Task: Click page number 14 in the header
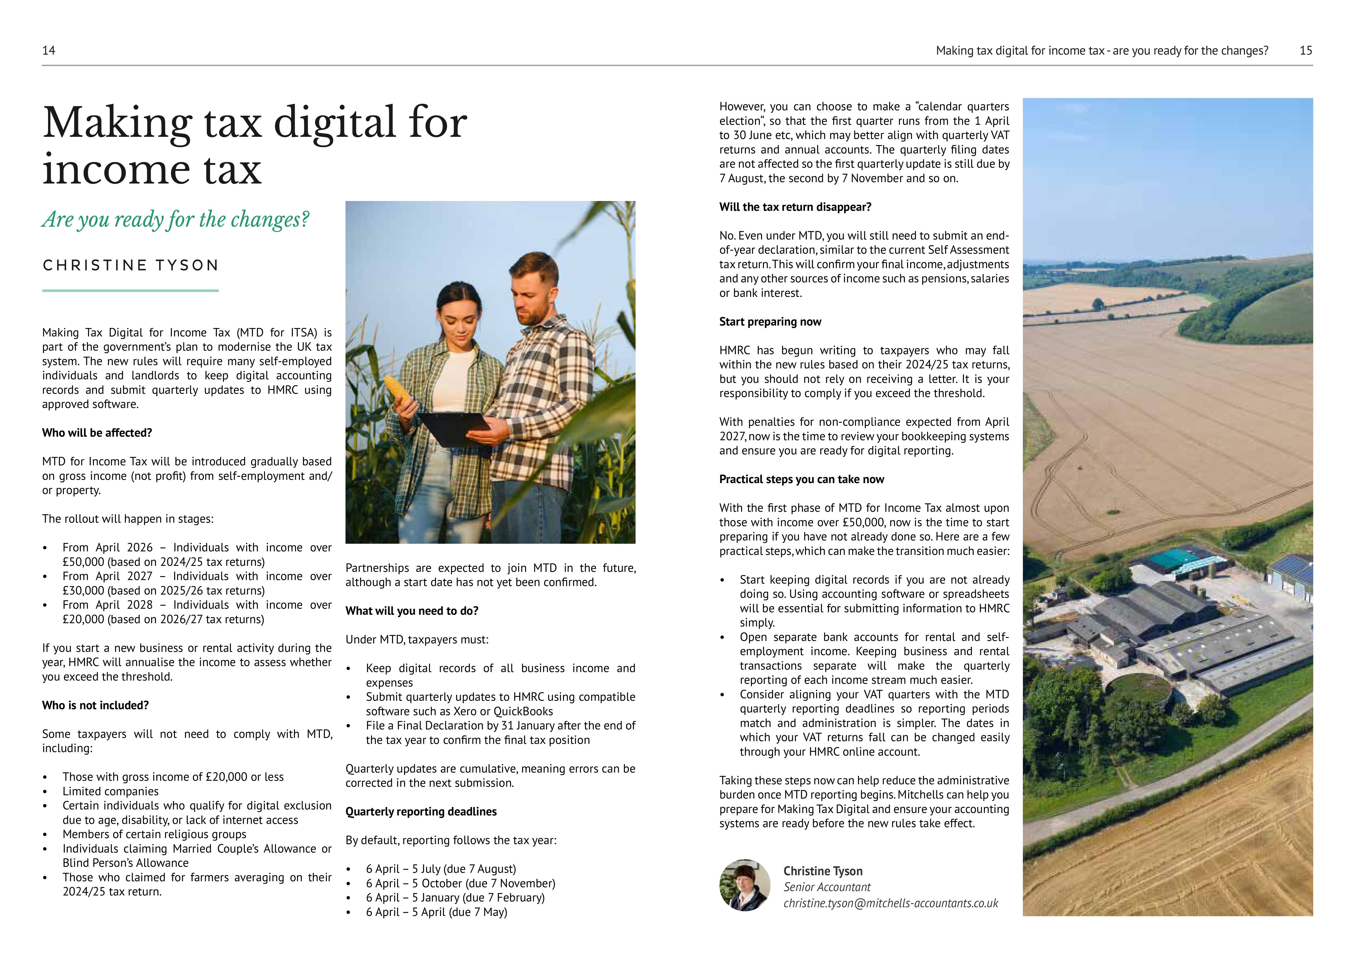point(49,51)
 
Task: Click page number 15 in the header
point(1306,51)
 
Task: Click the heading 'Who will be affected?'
point(97,433)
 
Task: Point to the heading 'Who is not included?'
point(95,705)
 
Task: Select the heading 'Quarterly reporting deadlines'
point(421,812)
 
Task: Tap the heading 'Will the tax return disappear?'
point(795,207)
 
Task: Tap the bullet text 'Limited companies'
point(110,792)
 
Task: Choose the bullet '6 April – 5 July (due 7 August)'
point(441,869)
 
